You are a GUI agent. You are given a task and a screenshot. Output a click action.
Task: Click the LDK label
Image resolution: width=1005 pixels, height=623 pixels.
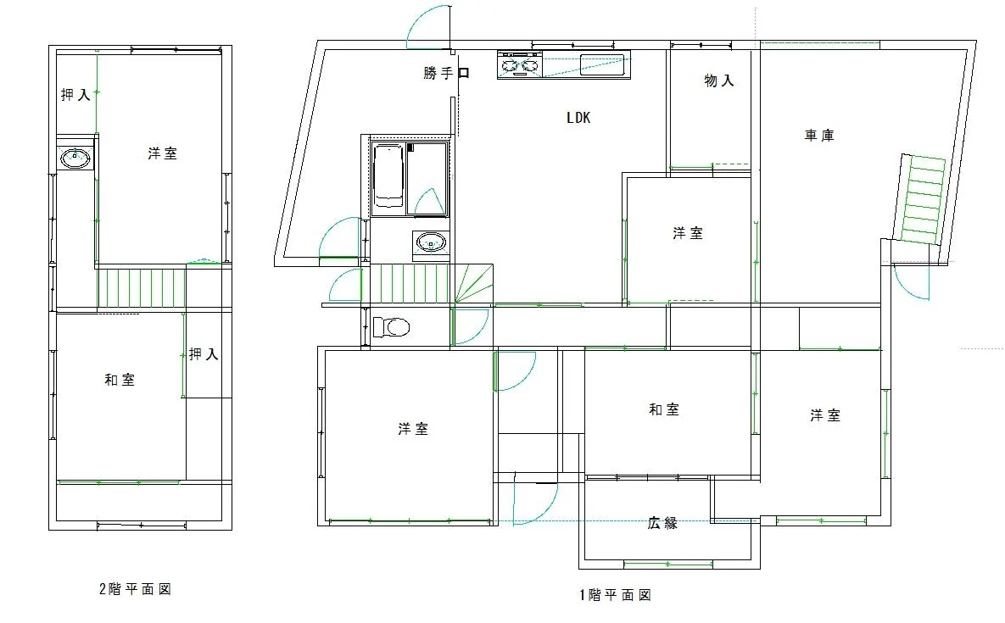[578, 117]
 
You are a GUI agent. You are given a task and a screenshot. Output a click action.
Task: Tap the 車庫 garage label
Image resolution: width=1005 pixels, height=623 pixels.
[820, 135]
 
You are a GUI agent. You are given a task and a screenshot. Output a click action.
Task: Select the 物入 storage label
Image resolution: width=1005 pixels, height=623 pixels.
[719, 81]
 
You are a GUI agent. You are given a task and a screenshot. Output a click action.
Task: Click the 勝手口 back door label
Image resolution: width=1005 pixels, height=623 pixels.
[447, 73]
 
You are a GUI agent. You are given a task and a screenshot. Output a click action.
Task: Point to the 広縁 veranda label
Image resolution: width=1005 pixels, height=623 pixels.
[662, 523]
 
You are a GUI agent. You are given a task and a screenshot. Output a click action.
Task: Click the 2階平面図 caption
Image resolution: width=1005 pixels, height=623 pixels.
[135, 588]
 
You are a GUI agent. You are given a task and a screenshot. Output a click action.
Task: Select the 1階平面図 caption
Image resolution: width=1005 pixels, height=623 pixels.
[616, 595]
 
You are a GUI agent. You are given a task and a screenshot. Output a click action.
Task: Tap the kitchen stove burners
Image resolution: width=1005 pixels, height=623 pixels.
[520, 65]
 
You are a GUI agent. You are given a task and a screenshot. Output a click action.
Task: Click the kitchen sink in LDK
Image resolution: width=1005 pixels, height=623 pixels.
[602, 64]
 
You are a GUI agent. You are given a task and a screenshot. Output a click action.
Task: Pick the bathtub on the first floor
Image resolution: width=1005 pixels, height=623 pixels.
[388, 176]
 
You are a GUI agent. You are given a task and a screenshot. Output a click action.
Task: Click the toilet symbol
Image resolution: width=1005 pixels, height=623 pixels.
[392, 327]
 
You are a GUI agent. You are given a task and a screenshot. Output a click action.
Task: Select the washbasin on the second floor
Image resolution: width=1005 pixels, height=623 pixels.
[75, 157]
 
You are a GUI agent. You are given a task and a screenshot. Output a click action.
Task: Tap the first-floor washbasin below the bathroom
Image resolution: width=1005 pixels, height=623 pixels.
[431, 243]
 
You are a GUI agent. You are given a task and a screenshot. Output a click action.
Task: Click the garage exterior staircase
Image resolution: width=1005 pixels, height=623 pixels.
[923, 198]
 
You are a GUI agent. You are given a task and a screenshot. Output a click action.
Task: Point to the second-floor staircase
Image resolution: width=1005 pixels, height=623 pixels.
[141, 289]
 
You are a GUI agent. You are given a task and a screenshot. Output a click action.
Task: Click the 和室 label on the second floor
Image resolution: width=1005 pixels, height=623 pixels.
[120, 380]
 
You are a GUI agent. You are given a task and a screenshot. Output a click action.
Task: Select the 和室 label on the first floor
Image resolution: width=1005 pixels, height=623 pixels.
[664, 409]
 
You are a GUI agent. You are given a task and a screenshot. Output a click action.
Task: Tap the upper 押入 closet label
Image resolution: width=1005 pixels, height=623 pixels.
[75, 95]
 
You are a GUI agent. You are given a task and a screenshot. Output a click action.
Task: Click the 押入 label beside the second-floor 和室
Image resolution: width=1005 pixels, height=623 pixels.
[204, 354]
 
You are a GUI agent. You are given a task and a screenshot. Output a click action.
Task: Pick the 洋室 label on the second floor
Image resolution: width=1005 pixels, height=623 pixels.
[163, 153]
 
